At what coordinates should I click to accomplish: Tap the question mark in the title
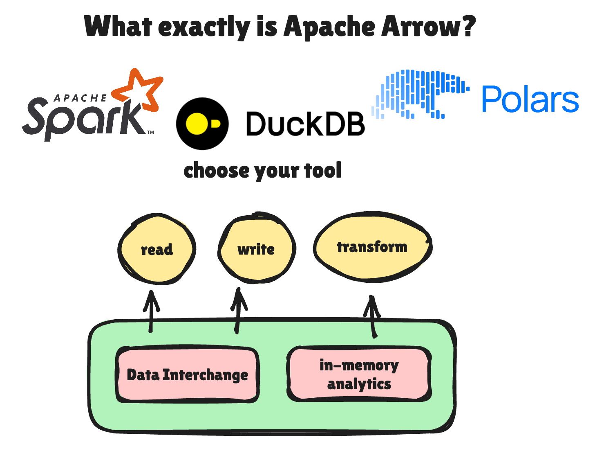[467, 26]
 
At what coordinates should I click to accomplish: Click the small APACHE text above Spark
[80, 98]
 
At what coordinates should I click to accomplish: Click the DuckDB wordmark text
[305, 124]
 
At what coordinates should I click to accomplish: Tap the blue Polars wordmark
[530, 99]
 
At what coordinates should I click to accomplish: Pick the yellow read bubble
[157, 249]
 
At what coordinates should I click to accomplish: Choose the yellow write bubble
[256, 248]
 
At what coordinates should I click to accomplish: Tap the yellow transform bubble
[372, 247]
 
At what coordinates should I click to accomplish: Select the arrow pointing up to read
[151, 311]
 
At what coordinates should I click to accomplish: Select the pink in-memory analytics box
[359, 374]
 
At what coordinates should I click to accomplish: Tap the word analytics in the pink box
[359, 384]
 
